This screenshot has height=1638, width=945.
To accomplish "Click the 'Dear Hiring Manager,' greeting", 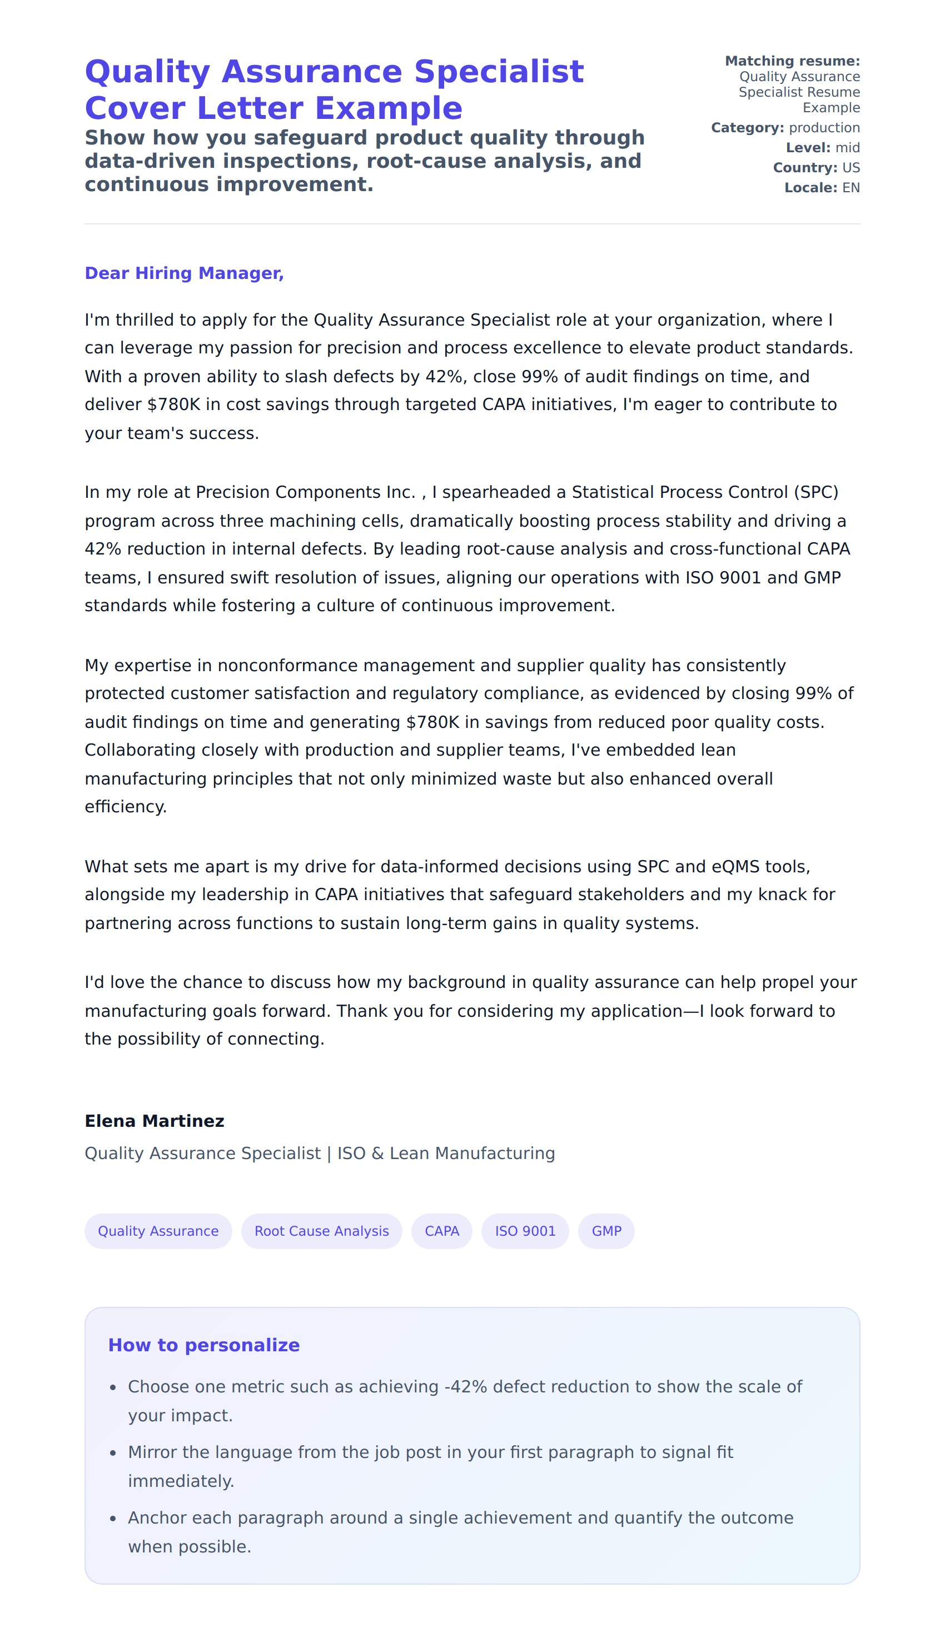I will pyautogui.click(x=185, y=273).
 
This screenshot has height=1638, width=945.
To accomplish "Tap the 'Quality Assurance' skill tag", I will pyautogui.click(x=158, y=1231).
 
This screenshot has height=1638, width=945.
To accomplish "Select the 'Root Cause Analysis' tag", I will pyautogui.click(x=321, y=1231).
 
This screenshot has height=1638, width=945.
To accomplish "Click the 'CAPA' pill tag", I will pyautogui.click(x=441, y=1231).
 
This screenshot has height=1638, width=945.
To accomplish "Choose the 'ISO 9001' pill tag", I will pyautogui.click(x=525, y=1231).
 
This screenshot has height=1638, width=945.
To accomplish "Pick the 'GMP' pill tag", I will pyautogui.click(x=606, y=1231).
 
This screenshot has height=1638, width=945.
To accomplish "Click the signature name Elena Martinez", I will pyautogui.click(x=155, y=1121).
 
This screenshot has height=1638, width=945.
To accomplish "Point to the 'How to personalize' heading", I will pyautogui.click(x=204, y=1345).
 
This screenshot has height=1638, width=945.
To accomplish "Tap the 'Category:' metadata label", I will pyautogui.click(x=747, y=128).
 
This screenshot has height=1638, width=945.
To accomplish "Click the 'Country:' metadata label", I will pyautogui.click(x=805, y=168).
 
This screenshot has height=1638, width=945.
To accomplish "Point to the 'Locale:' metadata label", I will pyautogui.click(x=810, y=188).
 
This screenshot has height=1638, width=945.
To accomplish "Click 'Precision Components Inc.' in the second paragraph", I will pyautogui.click(x=305, y=492).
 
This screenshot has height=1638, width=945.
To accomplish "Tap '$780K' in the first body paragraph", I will pyautogui.click(x=174, y=405).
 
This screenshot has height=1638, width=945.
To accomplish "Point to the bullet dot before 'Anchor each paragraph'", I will pyautogui.click(x=113, y=1519).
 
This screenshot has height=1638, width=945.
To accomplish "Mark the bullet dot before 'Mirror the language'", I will pyautogui.click(x=113, y=1453).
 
